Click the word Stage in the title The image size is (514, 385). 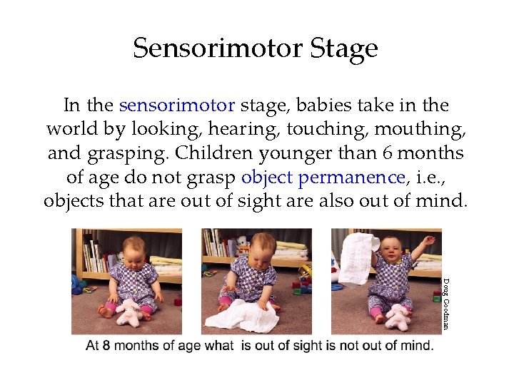click(x=344, y=48)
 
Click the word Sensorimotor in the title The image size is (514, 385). click(x=218, y=48)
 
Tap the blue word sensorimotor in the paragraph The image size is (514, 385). click(x=177, y=106)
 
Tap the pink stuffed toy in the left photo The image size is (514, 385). click(x=131, y=312)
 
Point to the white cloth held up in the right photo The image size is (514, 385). click(x=358, y=257)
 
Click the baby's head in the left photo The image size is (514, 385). click(x=135, y=250)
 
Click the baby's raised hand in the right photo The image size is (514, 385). click(x=428, y=241)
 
